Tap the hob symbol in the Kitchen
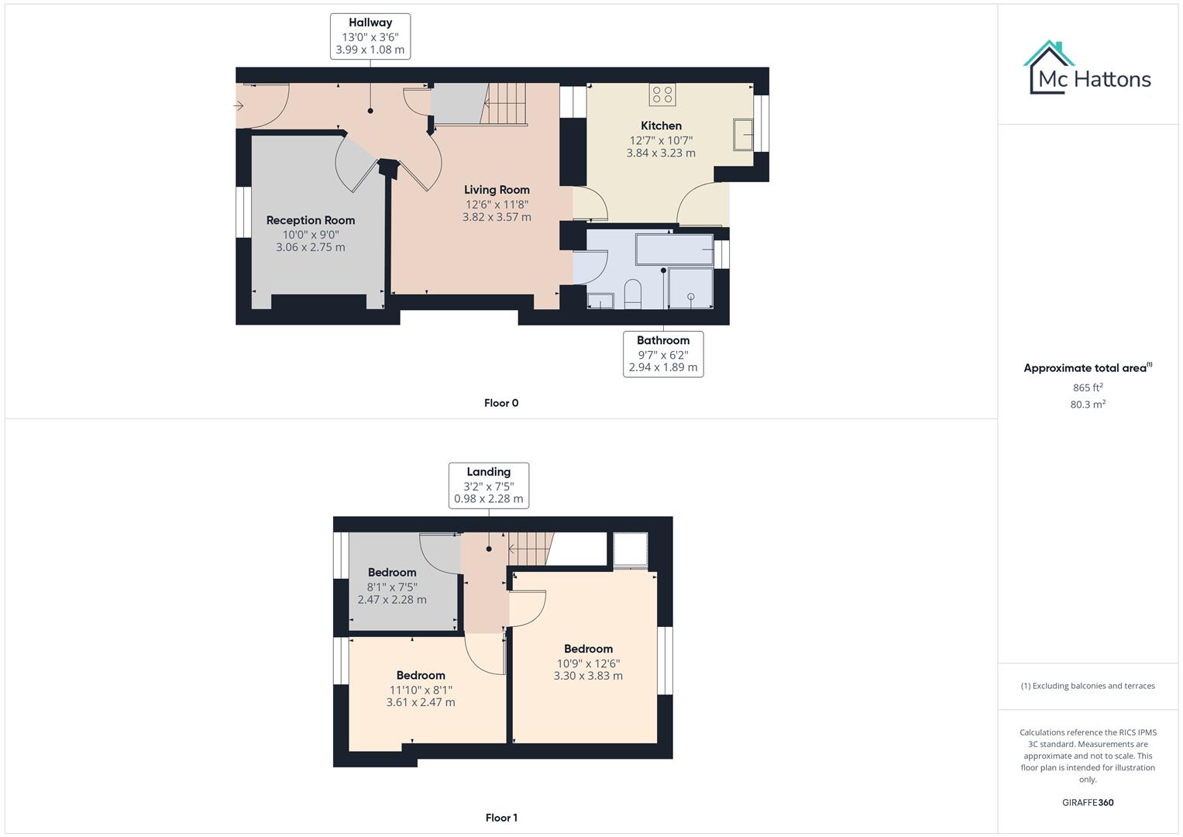pyautogui.click(x=662, y=95)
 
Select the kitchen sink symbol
pyautogui.click(x=742, y=135)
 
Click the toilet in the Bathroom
pyautogui.click(x=632, y=294)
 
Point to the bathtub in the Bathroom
pyautogui.click(x=674, y=250)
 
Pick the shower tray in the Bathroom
pyautogui.click(x=690, y=288)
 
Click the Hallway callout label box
pyautogui.click(x=370, y=36)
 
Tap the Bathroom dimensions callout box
pyautogui.click(x=663, y=354)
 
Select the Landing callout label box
pyautogui.click(x=489, y=485)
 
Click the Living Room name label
pyautogui.click(x=497, y=190)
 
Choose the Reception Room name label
pyautogui.click(x=311, y=220)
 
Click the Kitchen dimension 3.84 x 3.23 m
pyautogui.click(x=661, y=153)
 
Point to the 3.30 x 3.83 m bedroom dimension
pyautogui.click(x=588, y=676)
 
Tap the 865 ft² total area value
pyautogui.click(x=1088, y=387)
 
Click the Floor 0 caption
pyautogui.click(x=501, y=403)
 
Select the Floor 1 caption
pyautogui.click(x=501, y=818)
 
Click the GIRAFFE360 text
pyautogui.click(x=1088, y=803)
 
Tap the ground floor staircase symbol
pyautogui.click(x=504, y=103)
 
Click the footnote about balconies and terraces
pyautogui.click(x=1088, y=686)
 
